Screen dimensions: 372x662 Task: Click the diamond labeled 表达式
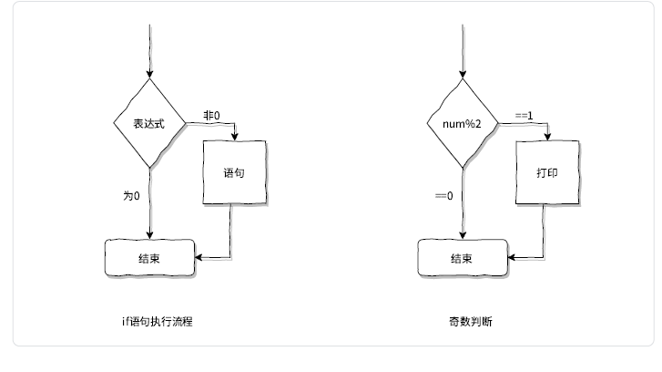[x=148, y=123]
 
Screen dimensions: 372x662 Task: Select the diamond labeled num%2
[x=463, y=123]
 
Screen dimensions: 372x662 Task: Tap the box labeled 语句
[x=233, y=172]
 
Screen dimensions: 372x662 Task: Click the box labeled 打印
[x=546, y=172]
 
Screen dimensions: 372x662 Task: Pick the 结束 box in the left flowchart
[x=149, y=258]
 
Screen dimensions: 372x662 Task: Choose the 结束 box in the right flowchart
[x=463, y=258]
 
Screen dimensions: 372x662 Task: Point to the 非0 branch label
[x=211, y=115]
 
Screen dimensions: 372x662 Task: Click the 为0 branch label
[x=131, y=195]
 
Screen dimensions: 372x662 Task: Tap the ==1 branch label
[x=524, y=115]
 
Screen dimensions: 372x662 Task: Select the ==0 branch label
[x=443, y=195]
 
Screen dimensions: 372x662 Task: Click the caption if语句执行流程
[x=157, y=322]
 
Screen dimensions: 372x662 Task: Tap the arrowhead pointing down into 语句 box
[x=235, y=137]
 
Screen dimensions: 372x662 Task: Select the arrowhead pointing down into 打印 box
[x=548, y=137]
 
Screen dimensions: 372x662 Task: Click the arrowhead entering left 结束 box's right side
[x=198, y=258]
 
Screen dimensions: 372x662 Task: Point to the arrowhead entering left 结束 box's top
[x=149, y=235]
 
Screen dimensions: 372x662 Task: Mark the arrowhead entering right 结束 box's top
[x=463, y=235]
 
